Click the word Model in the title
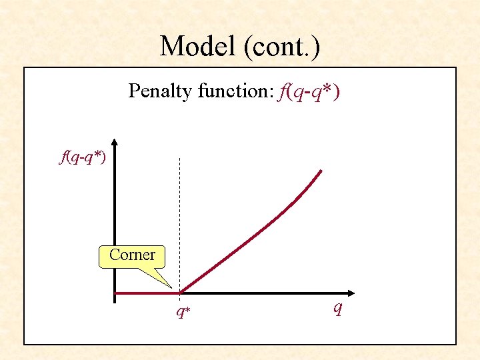click(198, 46)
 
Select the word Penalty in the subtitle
click(160, 91)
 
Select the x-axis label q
click(338, 308)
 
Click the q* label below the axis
click(183, 311)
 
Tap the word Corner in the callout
click(132, 255)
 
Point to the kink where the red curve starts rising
click(180, 292)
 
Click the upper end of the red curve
click(321, 172)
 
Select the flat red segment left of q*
click(147, 293)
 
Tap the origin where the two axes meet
click(115, 293)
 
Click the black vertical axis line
click(115, 220)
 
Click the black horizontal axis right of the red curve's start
click(267, 293)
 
